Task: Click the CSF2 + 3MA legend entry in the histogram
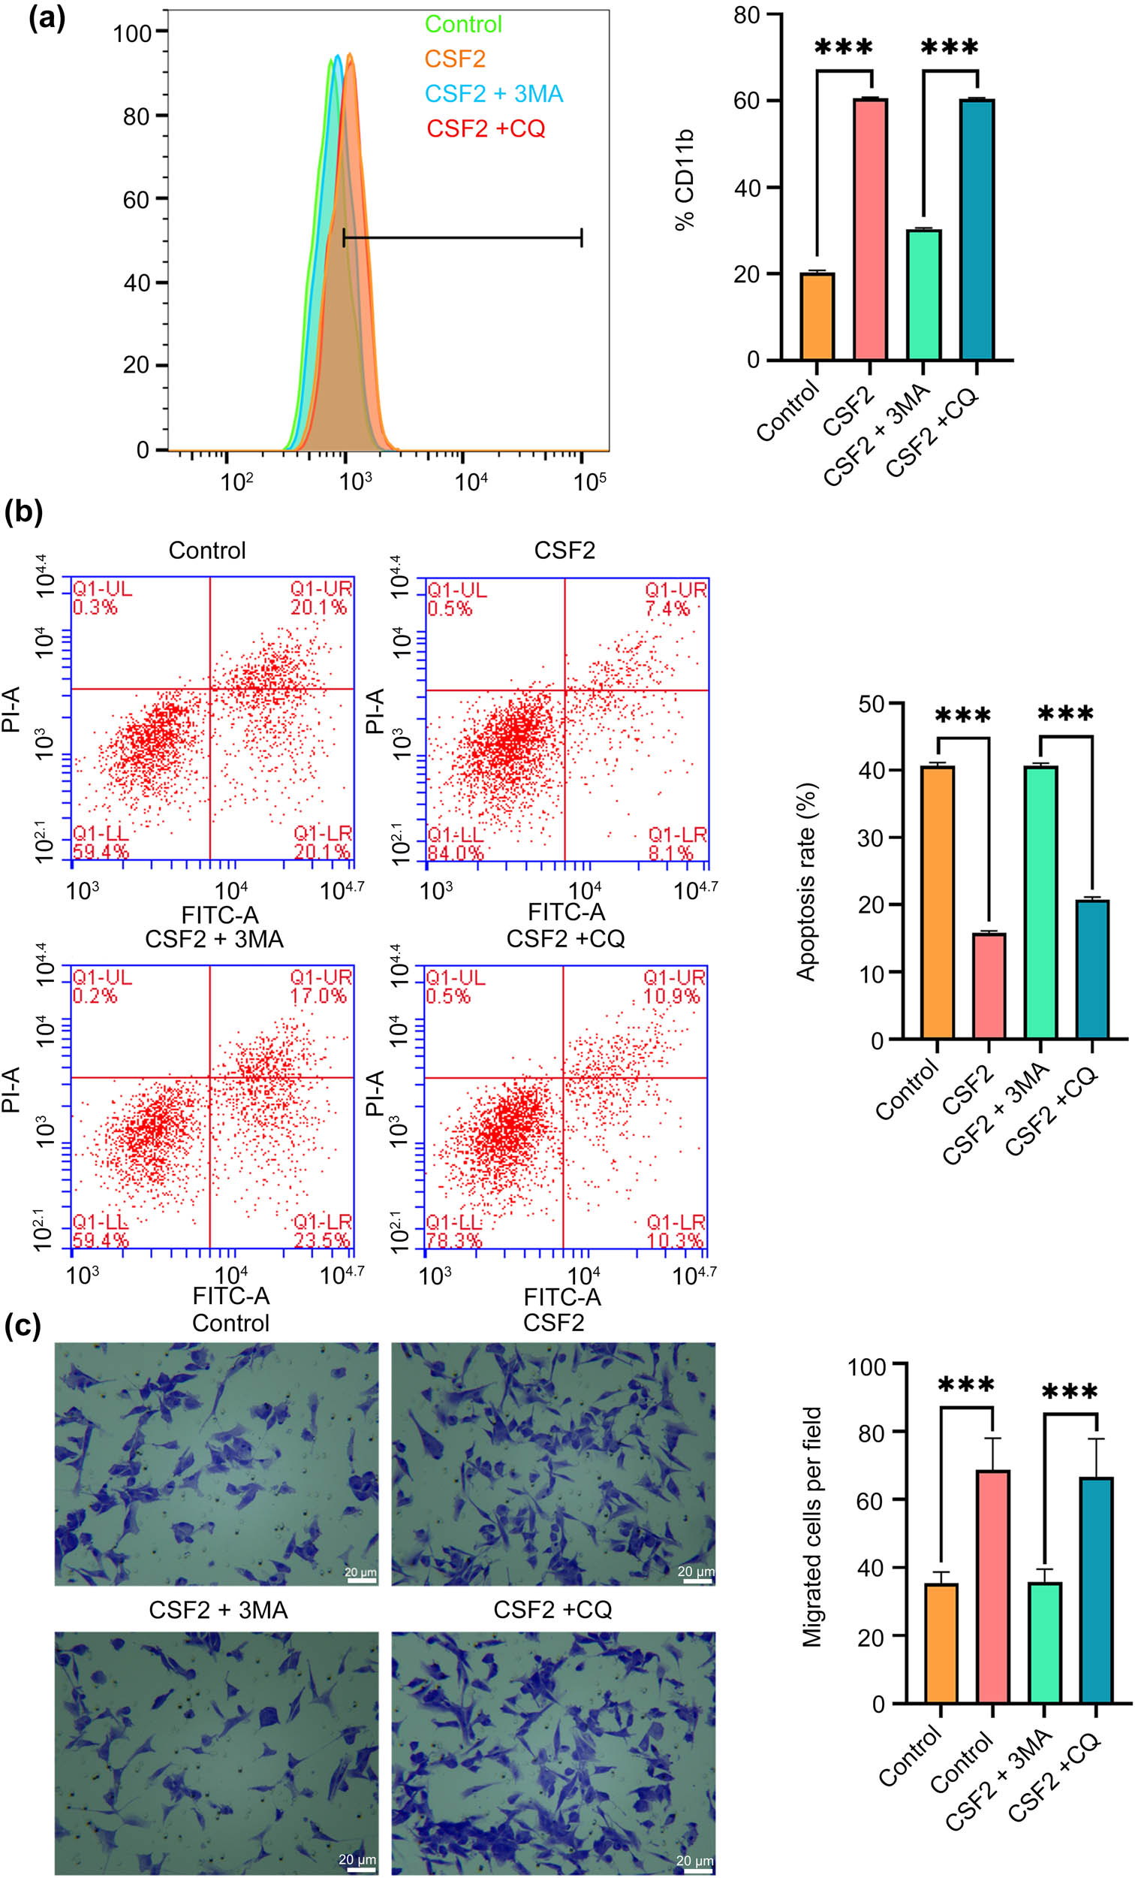(494, 94)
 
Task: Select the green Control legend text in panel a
(463, 24)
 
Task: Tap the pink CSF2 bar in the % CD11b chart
(870, 228)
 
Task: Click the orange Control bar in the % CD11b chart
(817, 316)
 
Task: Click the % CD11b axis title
(685, 179)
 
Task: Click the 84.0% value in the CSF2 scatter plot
(455, 853)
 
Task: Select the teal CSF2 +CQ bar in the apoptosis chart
(1092, 969)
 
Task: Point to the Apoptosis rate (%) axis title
(805, 881)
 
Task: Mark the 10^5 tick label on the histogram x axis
(589, 482)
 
